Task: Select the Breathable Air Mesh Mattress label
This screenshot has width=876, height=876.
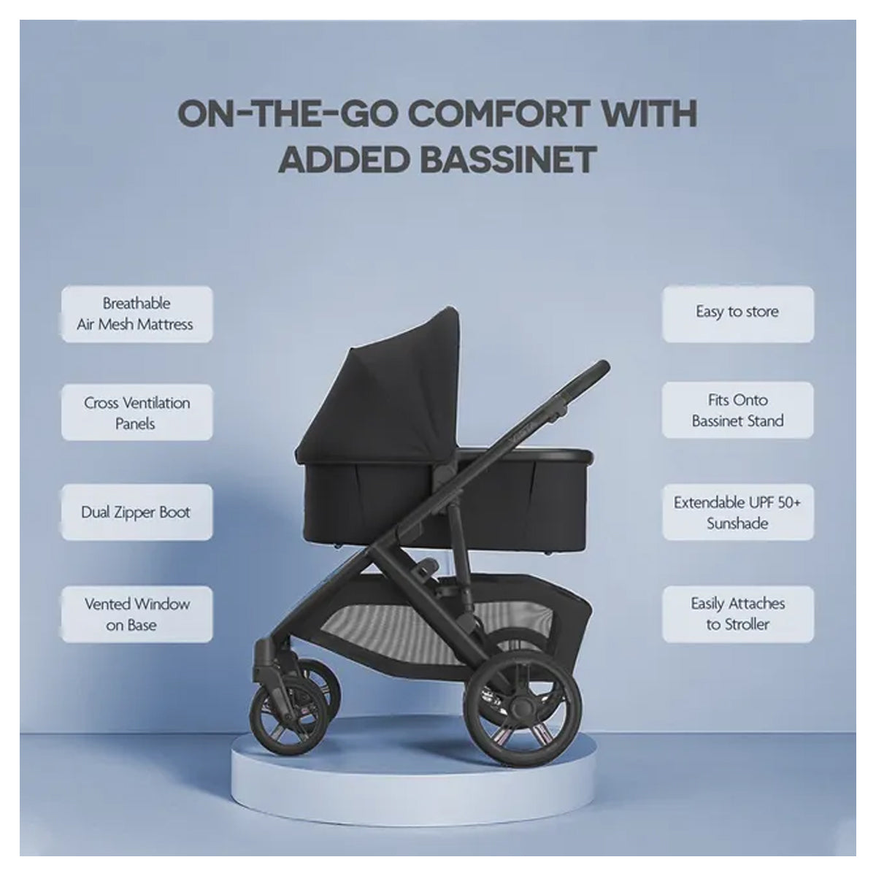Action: click(137, 314)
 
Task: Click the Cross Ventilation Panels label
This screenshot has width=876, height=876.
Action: click(137, 412)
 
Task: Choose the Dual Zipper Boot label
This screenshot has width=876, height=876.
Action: click(137, 512)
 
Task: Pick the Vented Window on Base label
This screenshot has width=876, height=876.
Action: click(137, 614)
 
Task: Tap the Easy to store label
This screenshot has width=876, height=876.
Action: click(737, 312)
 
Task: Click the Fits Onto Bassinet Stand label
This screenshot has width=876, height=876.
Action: click(737, 410)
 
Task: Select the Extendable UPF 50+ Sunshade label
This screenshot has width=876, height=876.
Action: click(737, 512)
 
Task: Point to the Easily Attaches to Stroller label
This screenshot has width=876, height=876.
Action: click(737, 613)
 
